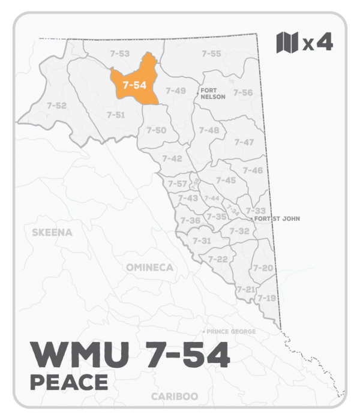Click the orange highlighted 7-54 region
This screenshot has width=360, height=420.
pyautogui.click(x=134, y=85)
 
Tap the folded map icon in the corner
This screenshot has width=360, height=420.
pyautogui.click(x=287, y=43)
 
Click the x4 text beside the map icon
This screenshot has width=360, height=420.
pyautogui.click(x=317, y=43)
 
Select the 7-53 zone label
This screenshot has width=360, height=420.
pyautogui.click(x=120, y=53)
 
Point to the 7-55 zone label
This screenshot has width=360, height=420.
pyautogui.click(x=211, y=53)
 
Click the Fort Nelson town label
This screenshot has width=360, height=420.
pyautogui.click(x=213, y=93)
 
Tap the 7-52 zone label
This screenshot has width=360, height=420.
pyautogui.click(x=56, y=106)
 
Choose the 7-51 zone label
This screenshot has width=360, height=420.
pyautogui.click(x=115, y=114)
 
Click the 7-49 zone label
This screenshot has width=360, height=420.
pyautogui.click(x=176, y=91)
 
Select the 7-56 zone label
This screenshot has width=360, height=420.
pyautogui.click(x=243, y=92)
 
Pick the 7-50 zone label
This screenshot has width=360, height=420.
pyautogui.click(x=157, y=130)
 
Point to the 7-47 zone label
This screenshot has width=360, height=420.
pyautogui.click(x=244, y=142)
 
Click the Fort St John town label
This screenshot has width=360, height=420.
pyautogui.click(x=277, y=219)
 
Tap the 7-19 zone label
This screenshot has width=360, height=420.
pyautogui.click(x=266, y=298)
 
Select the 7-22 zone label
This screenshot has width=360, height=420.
pyautogui.click(x=218, y=259)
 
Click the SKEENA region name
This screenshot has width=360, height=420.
pyautogui.click(x=52, y=232)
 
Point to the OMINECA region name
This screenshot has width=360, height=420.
pyautogui.click(x=149, y=267)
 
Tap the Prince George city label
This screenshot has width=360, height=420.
pyautogui.click(x=230, y=332)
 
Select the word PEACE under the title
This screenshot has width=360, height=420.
pyautogui.click(x=68, y=381)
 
